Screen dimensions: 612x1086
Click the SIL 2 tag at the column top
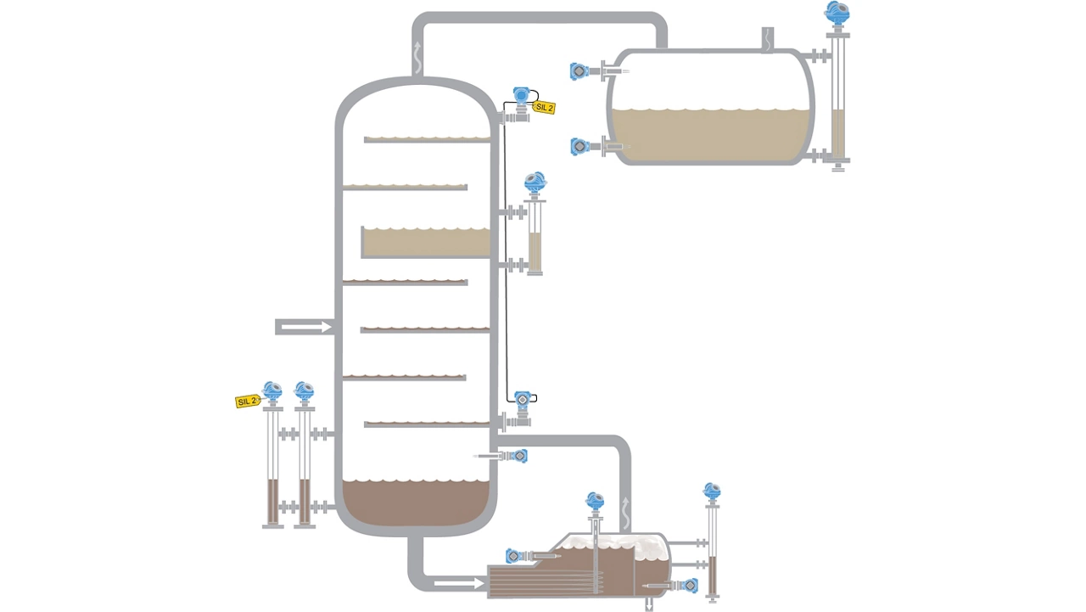click(544, 108)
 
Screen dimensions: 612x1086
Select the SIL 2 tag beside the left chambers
click(246, 401)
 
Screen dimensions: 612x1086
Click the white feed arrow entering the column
click(304, 327)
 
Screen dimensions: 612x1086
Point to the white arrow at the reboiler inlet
click(456, 582)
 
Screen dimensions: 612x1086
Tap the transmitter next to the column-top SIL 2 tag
click(521, 96)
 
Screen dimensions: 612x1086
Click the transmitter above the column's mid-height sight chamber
click(534, 183)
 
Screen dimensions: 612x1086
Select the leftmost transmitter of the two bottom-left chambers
click(272, 391)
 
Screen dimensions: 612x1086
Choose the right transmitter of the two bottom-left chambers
click(304, 391)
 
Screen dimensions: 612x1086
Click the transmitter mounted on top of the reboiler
click(595, 501)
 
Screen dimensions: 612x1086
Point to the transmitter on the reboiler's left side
click(515, 556)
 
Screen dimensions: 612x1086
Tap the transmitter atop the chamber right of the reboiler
click(712, 491)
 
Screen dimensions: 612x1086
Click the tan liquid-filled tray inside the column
click(427, 243)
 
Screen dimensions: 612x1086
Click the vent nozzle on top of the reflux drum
click(766, 39)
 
